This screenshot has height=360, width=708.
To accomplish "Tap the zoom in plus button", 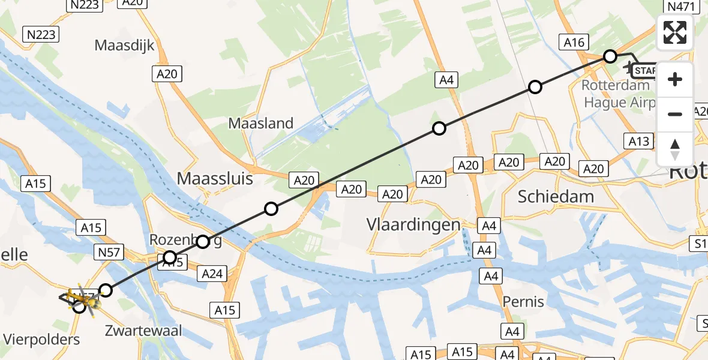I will pos(675,80).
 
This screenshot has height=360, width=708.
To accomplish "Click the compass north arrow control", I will pos(675,149).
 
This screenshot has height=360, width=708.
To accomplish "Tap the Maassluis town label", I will pos(215,179).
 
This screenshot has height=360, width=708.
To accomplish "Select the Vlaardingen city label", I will pos(413,225).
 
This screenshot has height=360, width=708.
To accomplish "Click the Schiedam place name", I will pos(556,196).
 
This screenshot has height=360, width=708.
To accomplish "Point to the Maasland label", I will pos(261,124).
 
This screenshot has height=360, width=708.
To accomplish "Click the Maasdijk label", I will pos(125,45).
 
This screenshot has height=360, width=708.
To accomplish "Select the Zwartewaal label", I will pos(143,331).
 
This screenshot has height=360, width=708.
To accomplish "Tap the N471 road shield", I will pos(680,7).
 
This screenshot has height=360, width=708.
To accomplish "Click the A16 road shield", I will pos(573,42).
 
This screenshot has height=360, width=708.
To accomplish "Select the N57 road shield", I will pos(108,253).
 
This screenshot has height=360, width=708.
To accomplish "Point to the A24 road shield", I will pos(212,274).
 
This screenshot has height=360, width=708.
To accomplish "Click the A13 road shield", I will pos(640,142).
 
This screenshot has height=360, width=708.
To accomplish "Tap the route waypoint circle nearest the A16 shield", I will pos(610,56).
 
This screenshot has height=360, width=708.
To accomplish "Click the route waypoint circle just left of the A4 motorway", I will pos(439,128).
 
